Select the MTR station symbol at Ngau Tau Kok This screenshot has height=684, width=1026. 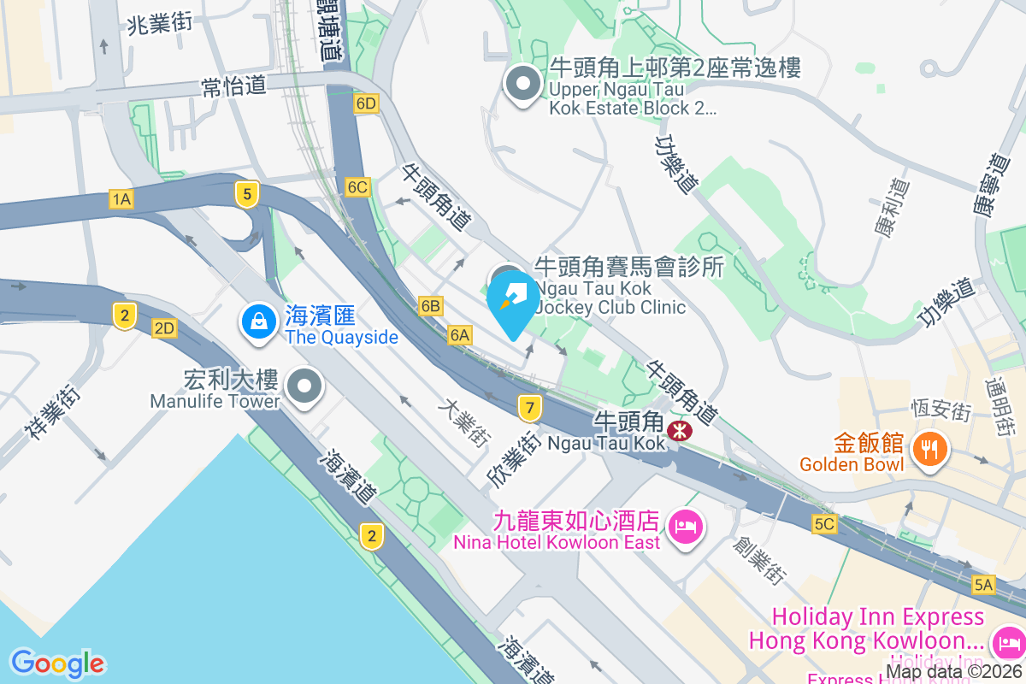(681, 429)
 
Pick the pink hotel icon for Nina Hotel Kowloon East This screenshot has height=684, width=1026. (686, 526)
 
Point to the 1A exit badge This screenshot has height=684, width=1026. (121, 199)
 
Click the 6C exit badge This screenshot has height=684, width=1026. (357, 186)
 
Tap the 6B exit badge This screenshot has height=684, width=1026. (431, 305)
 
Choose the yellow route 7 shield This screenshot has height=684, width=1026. (530, 408)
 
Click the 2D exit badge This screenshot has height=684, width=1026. (164, 327)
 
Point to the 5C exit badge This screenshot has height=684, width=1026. (824, 524)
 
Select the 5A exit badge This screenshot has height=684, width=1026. (984, 585)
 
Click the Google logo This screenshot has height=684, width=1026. (57, 663)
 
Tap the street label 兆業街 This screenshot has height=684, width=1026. (159, 24)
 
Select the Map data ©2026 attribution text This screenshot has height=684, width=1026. (953, 673)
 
